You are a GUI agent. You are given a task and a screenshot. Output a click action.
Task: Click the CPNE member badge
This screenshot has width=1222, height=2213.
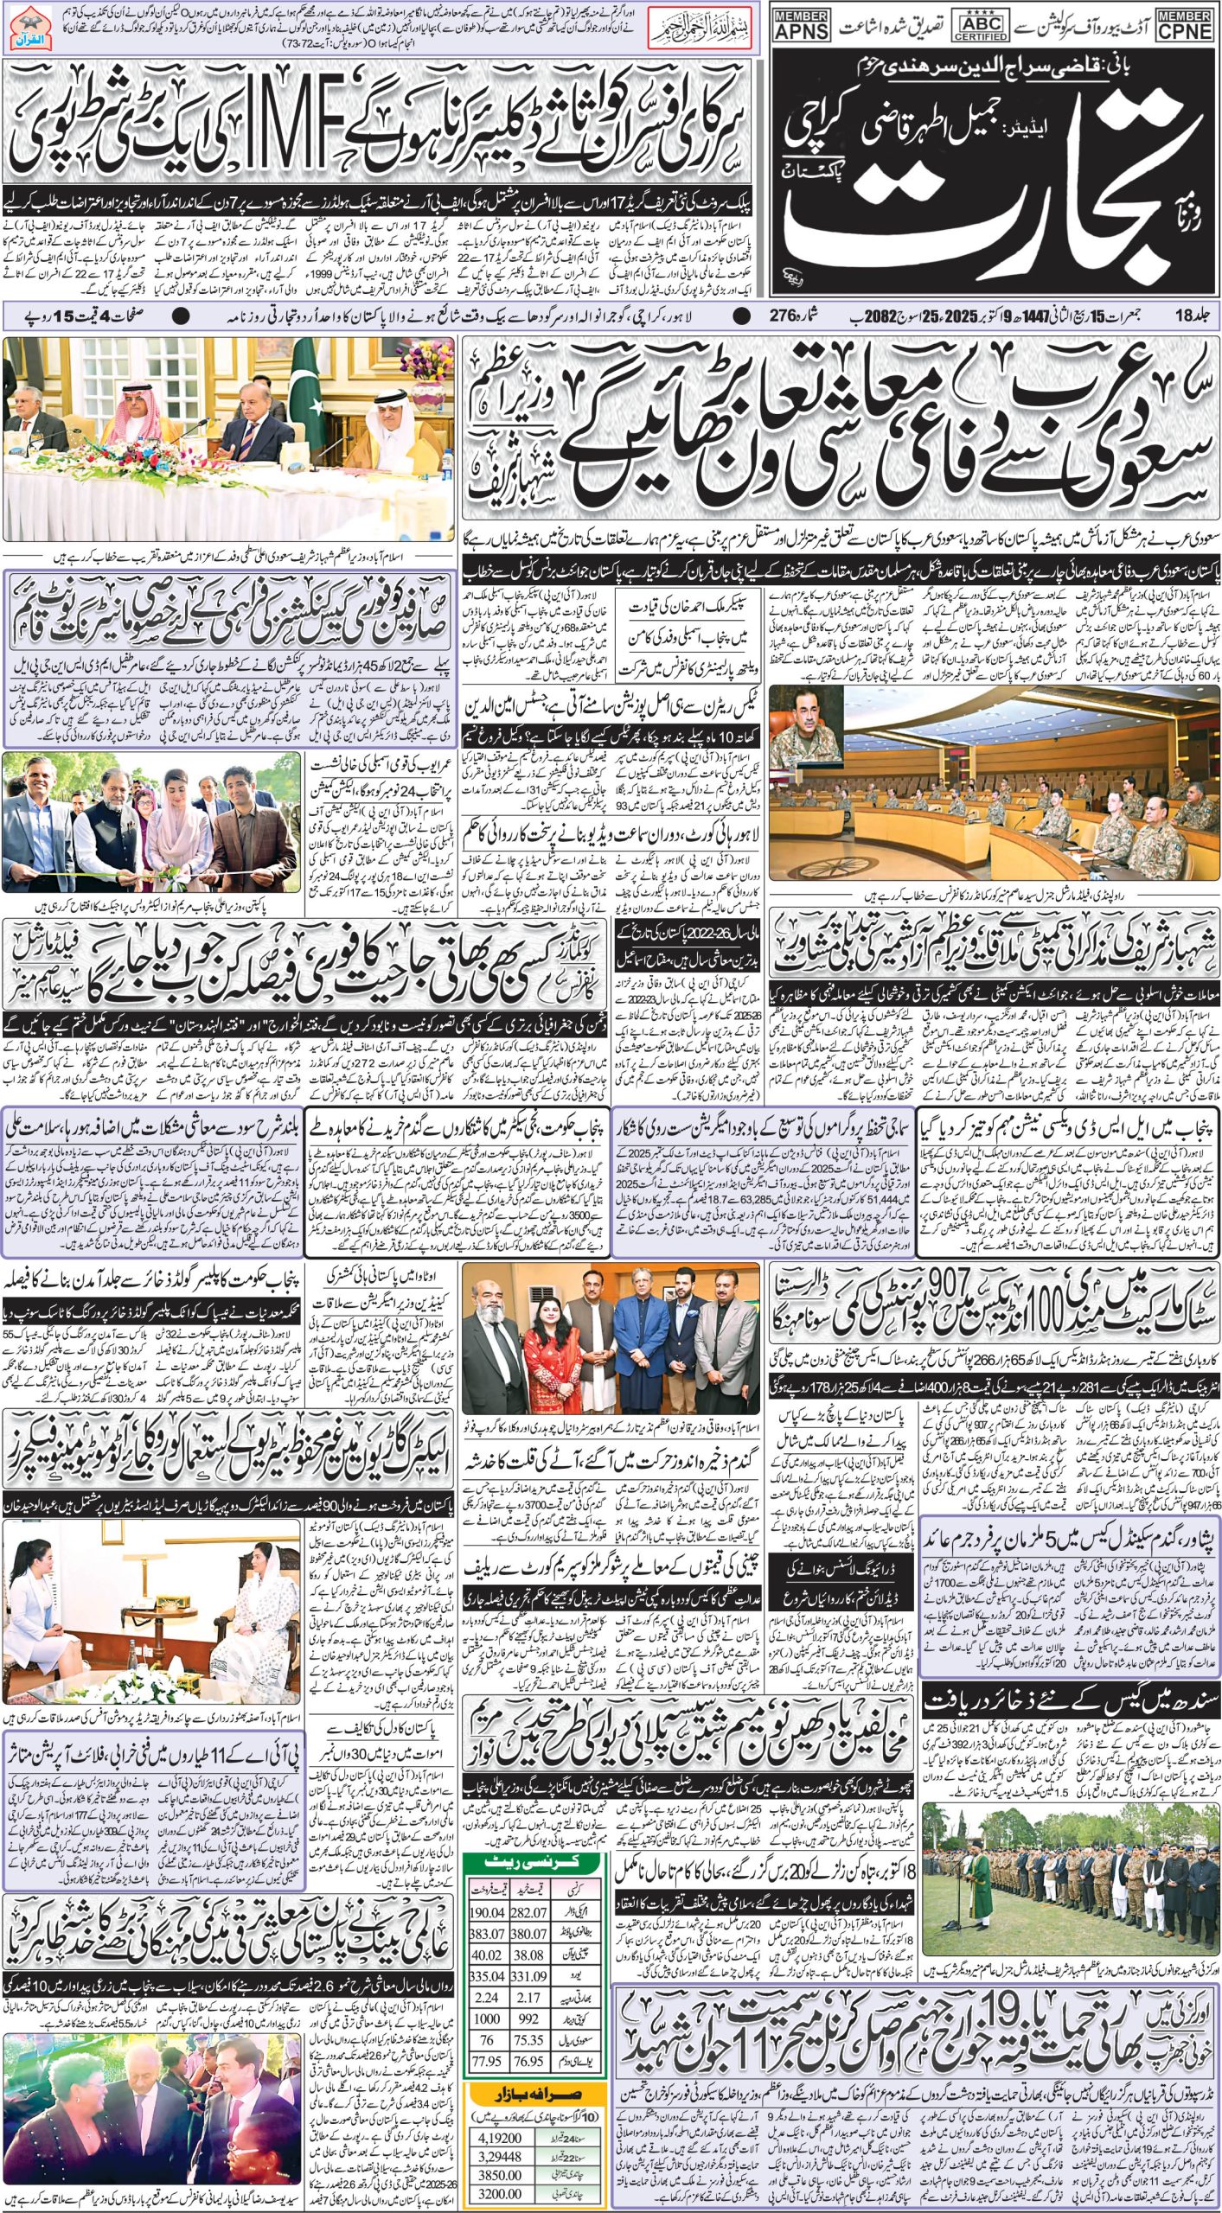pos(1186,24)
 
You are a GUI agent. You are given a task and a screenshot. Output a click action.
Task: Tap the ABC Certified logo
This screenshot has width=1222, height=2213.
pos(979,24)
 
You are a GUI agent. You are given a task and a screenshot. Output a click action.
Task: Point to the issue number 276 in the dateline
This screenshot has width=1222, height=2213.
pos(784,316)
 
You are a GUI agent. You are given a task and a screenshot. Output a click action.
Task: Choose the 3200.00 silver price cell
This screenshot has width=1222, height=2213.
pos(499,2187)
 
